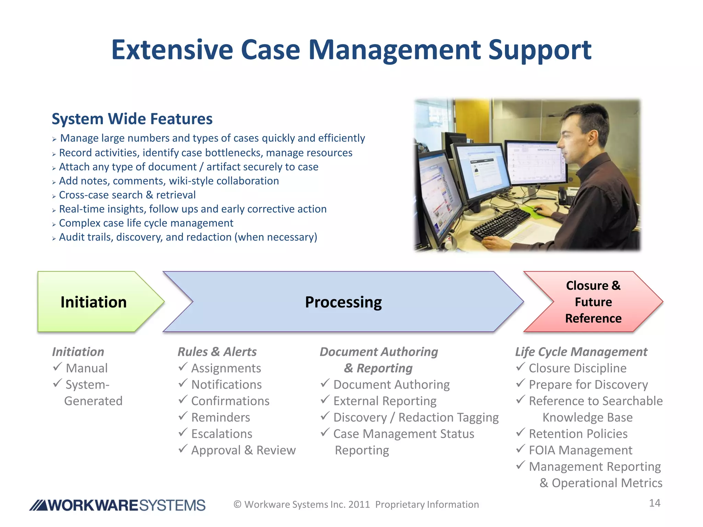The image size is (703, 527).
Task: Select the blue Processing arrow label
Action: tap(343, 302)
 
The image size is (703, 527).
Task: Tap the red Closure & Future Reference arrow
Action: tap(593, 302)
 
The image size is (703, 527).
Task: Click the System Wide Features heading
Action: tap(132, 119)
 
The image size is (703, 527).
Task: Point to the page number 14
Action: tap(655, 503)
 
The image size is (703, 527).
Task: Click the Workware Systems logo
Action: tap(117, 505)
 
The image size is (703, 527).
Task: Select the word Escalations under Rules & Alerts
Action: tap(222, 434)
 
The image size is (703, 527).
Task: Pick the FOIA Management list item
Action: tap(580, 450)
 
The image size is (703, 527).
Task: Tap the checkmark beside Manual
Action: tap(57, 367)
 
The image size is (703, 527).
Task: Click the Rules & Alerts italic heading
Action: tap(217, 352)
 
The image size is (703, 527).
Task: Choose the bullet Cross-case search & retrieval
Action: tap(127, 195)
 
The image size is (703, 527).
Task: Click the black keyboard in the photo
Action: tap(501, 223)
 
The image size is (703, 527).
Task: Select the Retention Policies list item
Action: tap(578, 434)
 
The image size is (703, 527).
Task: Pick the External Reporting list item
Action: tap(385, 401)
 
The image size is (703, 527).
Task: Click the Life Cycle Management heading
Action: tap(581, 352)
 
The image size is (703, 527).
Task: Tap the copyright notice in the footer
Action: tap(356, 504)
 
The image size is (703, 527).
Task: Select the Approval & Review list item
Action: tap(243, 450)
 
